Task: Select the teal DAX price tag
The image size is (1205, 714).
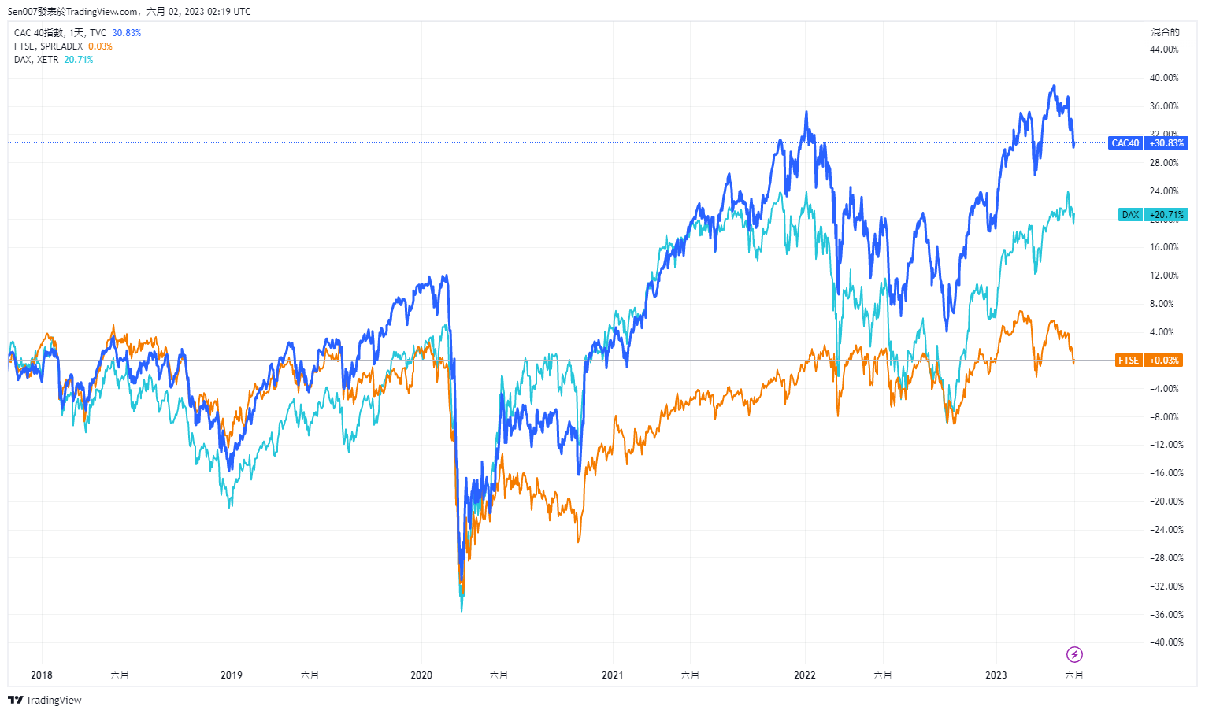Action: coord(1152,215)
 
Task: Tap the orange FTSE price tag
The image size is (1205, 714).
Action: coord(1149,361)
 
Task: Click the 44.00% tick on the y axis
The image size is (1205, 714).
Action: coord(1164,50)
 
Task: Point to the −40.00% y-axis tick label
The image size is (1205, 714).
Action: coord(1166,642)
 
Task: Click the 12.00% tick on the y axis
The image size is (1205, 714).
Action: coord(1164,276)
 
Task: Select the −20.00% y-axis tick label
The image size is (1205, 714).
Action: coord(1166,501)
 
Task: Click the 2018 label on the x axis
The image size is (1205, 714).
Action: coord(42,675)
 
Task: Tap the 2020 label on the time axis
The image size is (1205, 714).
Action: coord(421,675)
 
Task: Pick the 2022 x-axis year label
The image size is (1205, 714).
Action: coord(805,675)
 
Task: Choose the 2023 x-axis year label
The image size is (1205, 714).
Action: coord(996,675)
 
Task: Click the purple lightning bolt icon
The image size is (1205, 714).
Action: coord(1074,654)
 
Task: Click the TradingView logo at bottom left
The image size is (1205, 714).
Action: coord(45,700)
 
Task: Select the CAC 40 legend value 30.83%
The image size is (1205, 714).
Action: coord(127,33)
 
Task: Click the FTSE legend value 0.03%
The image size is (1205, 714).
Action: coord(100,46)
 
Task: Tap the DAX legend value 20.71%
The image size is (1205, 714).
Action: coord(79,60)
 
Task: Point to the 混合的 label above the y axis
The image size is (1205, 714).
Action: coord(1165,32)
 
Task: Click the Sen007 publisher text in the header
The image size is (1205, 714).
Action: coord(23,12)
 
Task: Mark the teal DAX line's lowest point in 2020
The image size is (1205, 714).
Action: coord(462,611)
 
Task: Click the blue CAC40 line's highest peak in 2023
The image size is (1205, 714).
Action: coord(1054,86)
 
